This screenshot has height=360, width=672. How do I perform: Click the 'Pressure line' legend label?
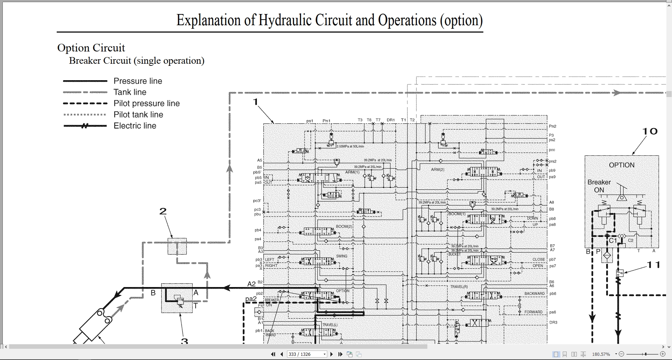point(138,81)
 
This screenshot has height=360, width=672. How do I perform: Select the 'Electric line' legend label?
point(135,126)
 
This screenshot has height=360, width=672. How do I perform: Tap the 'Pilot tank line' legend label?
point(138,115)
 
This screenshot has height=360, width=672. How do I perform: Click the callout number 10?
point(650,131)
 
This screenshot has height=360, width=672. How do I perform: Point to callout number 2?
point(163,212)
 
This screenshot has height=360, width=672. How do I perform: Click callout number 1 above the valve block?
point(255,102)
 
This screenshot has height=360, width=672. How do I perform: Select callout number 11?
point(653,265)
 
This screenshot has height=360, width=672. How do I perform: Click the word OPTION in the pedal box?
point(622,165)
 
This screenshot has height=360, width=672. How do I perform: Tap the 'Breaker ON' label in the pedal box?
point(599,186)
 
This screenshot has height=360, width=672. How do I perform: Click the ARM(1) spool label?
point(352,172)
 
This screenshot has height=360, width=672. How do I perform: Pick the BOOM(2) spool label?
point(344,227)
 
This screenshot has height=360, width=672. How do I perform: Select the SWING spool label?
point(342,256)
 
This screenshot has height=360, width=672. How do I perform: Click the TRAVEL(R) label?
point(459,287)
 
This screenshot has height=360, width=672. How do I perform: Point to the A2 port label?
point(251,284)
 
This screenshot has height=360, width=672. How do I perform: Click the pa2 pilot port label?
point(251,299)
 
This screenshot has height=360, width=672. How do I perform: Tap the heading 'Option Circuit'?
point(91,48)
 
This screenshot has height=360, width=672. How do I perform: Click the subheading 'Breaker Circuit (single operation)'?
point(136,61)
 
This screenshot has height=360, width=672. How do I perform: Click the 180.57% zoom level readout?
point(601,354)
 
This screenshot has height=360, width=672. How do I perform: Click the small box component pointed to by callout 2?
point(177,246)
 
